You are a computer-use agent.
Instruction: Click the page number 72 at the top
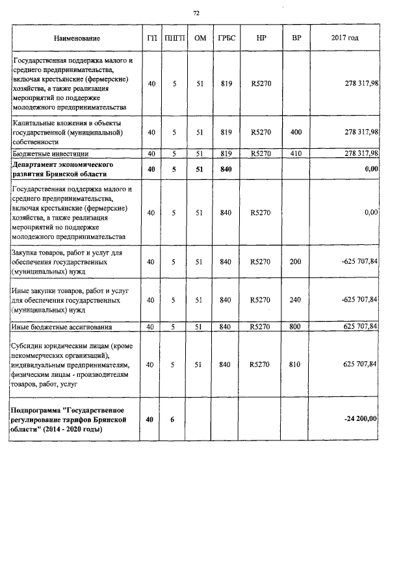click(196, 13)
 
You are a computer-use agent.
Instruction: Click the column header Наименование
click(77, 39)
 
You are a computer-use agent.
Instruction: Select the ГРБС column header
click(227, 39)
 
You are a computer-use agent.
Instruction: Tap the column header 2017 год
click(344, 39)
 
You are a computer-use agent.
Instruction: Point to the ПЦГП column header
click(175, 39)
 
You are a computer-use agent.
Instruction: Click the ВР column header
click(296, 39)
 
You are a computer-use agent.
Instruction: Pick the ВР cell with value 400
click(296, 133)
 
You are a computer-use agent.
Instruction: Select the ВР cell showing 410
click(296, 154)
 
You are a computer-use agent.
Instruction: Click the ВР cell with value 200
click(296, 262)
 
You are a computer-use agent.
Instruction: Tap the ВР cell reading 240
click(296, 300)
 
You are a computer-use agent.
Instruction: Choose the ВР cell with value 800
click(296, 327)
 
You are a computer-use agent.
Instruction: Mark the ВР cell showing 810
click(296, 365)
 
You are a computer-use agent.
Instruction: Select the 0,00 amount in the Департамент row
click(371, 170)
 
